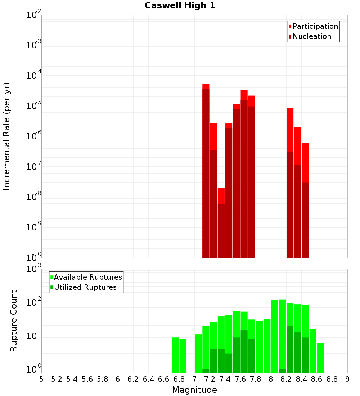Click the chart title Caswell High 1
180,6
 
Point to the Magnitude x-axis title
194,390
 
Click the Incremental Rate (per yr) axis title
7,136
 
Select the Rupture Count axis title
14,320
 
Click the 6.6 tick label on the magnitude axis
164,379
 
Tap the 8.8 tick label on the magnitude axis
332,379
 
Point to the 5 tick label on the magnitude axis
41,379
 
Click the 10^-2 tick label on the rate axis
34,15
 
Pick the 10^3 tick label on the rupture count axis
34,269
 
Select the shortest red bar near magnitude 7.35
221,223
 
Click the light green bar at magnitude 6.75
175,355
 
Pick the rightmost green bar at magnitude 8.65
320,358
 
